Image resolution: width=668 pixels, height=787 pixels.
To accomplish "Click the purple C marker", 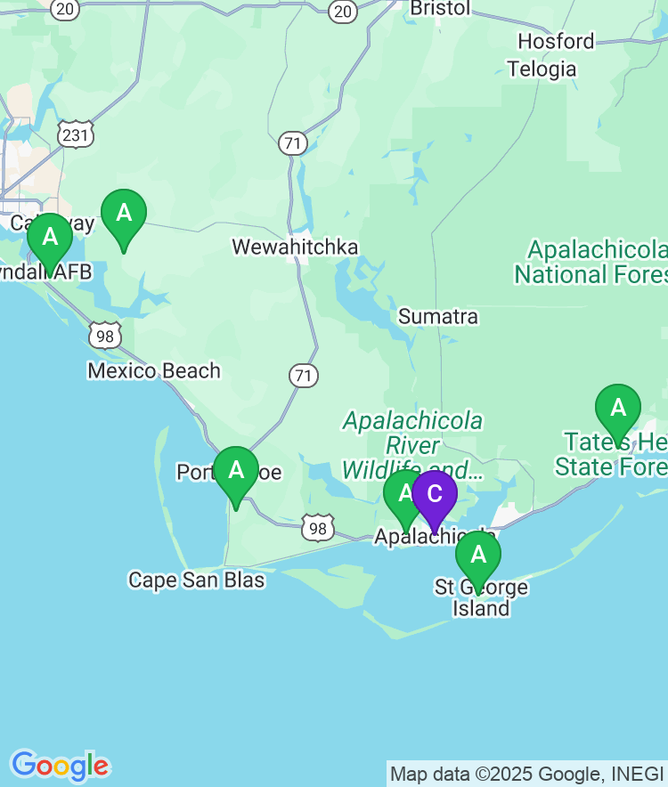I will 434,494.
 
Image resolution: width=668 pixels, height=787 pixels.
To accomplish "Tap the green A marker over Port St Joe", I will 236,470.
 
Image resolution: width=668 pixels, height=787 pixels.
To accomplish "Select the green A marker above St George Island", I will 478,556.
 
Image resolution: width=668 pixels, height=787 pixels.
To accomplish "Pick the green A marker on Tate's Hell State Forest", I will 617,409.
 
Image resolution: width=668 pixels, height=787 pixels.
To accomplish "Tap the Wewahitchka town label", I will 295,247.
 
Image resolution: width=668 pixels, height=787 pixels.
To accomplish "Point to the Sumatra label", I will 437,316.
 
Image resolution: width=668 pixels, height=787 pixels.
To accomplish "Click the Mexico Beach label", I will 154,370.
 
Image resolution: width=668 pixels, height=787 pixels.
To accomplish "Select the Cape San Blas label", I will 197,580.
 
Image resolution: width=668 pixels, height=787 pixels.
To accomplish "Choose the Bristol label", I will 439,8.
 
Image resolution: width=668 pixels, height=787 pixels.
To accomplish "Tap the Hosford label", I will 556,41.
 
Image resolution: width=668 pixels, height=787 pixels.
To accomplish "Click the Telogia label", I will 542,69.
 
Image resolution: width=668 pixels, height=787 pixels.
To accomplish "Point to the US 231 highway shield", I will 76,134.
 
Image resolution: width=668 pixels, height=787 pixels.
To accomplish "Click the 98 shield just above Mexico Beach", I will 105,335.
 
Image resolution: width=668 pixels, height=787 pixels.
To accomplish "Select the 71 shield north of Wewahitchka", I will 292,142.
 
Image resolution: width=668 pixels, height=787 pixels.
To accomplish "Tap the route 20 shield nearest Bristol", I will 343,11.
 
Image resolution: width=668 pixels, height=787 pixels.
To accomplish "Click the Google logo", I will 60,766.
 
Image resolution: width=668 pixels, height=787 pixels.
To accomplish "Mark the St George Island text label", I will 481,598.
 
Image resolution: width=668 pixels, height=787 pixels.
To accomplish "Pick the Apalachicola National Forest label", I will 592,262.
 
